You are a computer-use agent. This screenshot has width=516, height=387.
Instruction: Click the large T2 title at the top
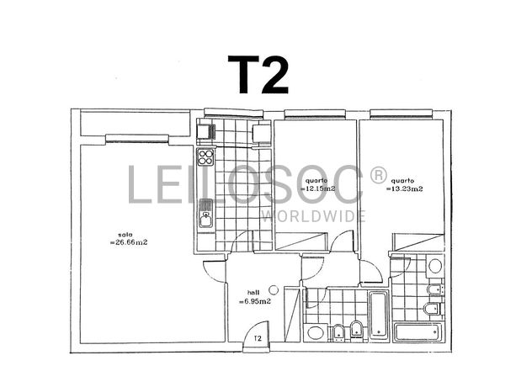click(259, 73)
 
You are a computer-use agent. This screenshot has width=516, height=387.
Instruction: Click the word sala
click(125, 235)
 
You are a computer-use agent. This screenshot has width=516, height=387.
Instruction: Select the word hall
click(253, 294)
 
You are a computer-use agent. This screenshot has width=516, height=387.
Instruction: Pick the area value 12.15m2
click(317, 189)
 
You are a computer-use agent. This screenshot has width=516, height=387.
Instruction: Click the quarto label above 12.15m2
click(317, 181)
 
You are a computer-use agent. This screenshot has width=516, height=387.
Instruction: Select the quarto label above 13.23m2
click(402, 181)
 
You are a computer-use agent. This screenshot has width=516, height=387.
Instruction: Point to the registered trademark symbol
click(378, 175)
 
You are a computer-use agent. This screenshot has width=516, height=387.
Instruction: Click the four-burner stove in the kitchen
click(206, 157)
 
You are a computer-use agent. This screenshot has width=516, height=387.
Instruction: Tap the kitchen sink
click(205, 219)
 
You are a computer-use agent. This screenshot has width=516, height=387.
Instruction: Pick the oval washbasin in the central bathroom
click(316, 331)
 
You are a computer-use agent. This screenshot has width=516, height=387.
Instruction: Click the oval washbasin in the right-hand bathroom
click(435, 268)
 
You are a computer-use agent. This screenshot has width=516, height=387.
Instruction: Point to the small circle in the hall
click(273, 290)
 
